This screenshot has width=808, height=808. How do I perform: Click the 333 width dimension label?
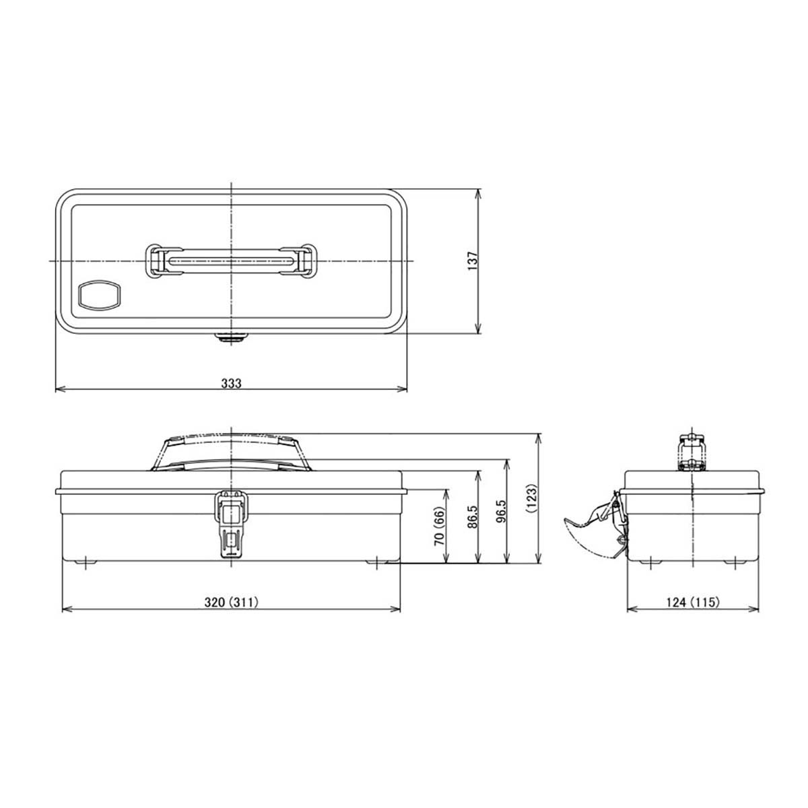pyautogui.click(x=231, y=382)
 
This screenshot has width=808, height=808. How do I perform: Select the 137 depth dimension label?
pyautogui.click(x=472, y=261)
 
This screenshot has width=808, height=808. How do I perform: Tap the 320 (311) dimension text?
pyautogui.click(x=231, y=603)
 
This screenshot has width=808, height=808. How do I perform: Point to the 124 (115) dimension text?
pyautogui.click(x=694, y=603)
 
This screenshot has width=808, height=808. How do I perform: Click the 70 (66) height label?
pyautogui.click(x=438, y=527)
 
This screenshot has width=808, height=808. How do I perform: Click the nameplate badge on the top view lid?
pyautogui.click(x=100, y=295)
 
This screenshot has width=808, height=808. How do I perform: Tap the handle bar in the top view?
pyautogui.click(x=231, y=260)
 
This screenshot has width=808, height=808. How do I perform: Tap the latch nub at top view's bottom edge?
pyautogui.click(x=231, y=336)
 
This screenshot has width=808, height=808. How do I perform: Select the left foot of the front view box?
pyautogui.click(x=86, y=560)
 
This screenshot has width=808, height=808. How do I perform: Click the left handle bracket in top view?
pyautogui.click(x=158, y=260)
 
